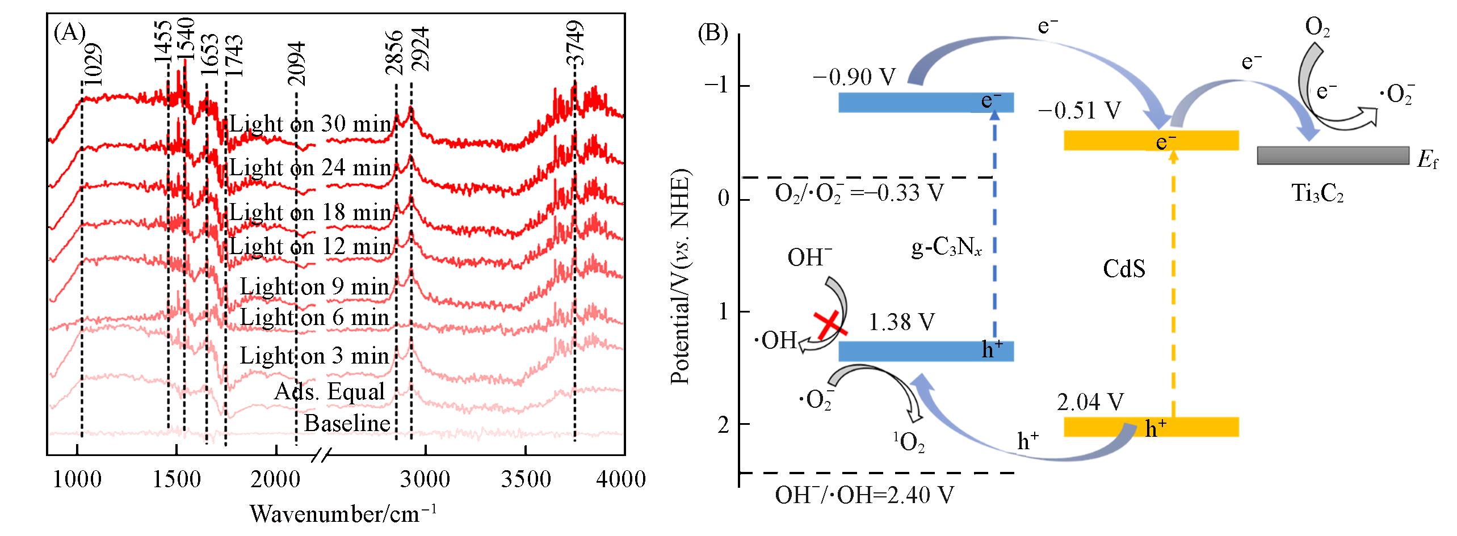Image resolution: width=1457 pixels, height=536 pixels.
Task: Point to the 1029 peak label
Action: pos(93,64)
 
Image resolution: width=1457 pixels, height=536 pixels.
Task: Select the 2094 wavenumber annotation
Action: pos(296,64)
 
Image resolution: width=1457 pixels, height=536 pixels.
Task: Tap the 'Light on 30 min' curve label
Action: pos(310,124)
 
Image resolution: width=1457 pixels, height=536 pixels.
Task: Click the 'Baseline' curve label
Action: pos(347,423)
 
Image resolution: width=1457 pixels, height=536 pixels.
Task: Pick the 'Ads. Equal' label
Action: pos(329,391)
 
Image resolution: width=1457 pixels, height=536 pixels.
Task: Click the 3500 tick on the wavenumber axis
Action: pos(526,479)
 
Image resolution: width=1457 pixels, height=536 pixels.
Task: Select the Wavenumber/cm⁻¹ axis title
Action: pos(343,514)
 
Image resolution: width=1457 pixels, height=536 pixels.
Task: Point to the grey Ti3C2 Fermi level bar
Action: pos(1333,155)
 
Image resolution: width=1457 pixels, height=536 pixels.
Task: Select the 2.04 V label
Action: pos(1090,402)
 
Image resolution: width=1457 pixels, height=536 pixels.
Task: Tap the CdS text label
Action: pos(1124,268)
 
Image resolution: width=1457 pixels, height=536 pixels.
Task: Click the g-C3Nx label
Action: pos(946,248)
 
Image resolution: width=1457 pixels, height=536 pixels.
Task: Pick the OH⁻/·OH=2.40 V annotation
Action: pos(864,495)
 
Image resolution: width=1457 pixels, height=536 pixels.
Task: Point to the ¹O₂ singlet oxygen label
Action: pos(909,442)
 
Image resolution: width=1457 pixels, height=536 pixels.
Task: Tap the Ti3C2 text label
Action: pos(1318,194)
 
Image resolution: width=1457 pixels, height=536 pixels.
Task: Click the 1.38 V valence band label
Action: pos(901,322)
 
